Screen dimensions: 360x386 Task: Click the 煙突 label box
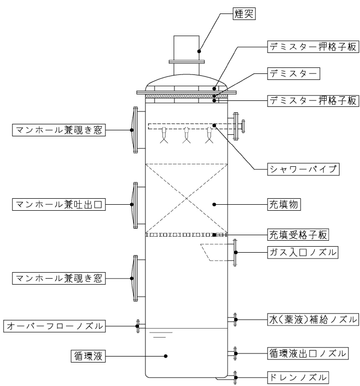pos(244,13)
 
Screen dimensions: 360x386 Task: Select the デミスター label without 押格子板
pos(293,73)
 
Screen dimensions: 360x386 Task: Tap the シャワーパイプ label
pos(303,169)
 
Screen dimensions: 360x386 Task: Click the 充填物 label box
pos(284,204)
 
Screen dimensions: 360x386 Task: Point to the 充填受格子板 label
pos(298,235)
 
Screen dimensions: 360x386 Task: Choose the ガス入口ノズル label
pos(303,252)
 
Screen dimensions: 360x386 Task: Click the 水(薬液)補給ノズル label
pos(313,320)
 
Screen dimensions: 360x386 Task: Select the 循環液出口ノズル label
pos(308,353)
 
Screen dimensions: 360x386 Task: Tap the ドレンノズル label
pos(298,378)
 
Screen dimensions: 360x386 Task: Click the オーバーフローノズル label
pos(54,326)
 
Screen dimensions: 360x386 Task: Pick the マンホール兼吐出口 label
pos(59,204)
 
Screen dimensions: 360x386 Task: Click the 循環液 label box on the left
pos(88,356)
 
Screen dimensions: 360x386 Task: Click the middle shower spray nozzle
pos(186,135)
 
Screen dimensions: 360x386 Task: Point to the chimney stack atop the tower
pos(186,55)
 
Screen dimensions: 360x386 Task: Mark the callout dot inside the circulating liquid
pos(165,356)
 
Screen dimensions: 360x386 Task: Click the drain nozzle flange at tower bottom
pos(235,378)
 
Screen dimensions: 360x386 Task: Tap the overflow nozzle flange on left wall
pos(138,326)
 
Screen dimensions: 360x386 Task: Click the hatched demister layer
pos(186,96)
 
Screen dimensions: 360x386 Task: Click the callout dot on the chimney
pos(199,51)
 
